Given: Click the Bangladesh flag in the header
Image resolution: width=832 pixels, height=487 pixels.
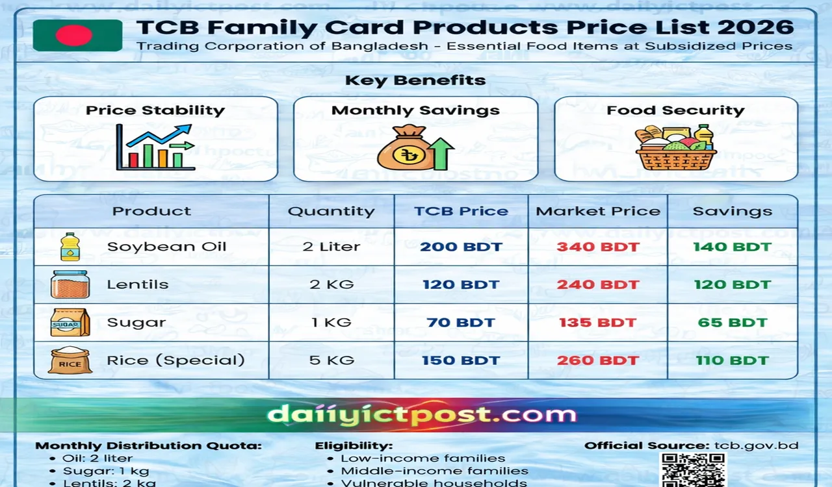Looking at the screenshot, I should click(x=77, y=35).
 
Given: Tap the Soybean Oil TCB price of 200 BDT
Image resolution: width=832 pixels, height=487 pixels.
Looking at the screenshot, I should click(x=460, y=247).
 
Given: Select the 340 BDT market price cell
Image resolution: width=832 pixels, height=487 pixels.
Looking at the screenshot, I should click(x=597, y=247).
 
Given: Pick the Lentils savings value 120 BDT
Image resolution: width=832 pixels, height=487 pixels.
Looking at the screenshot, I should click(x=732, y=284).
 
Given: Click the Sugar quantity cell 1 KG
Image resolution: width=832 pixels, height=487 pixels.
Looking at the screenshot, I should click(x=331, y=322).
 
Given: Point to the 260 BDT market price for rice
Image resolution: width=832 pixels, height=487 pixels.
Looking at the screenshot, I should click(x=597, y=360).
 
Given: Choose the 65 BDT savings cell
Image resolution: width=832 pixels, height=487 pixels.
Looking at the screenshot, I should click(x=732, y=322).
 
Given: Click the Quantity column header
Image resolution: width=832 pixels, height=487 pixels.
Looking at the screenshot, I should click(x=331, y=211).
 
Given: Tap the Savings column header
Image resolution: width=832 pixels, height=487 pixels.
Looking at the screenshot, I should click(x=732, y=211).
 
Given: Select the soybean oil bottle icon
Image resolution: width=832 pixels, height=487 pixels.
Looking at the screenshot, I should click(x=70, y=247).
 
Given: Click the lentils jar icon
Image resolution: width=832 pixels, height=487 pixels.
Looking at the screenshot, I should click(x=70, y=284).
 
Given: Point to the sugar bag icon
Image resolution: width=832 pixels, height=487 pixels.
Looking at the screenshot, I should click(x=70, y=322).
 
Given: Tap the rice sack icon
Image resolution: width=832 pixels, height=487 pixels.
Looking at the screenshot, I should click(x=70, y=360).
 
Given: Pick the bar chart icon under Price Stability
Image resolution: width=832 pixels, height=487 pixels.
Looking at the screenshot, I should click(x=155, y=148).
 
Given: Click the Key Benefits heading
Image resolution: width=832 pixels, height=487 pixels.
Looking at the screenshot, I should click(x=415, y=81).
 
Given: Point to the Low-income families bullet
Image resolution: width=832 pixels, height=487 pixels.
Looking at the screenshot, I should click(x=422, y=458).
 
